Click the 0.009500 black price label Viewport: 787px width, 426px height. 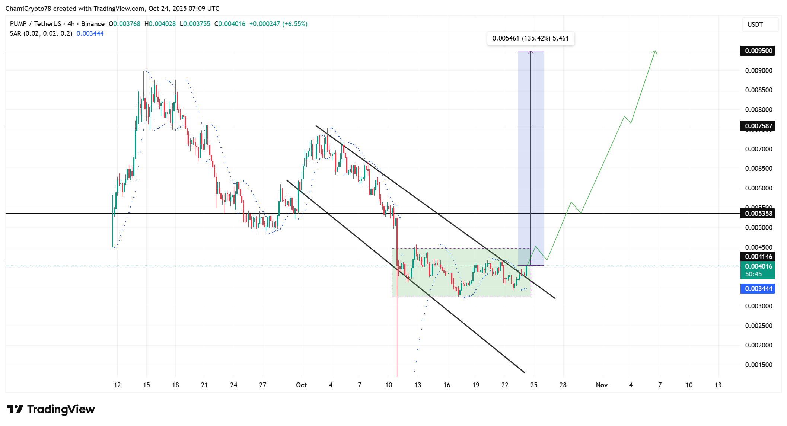pyautogui.click(x=758, y=51)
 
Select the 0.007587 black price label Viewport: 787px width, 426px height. pyautogui.click(x=758, y=126)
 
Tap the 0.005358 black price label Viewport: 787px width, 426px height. pyautogui.click(x=758, y=214)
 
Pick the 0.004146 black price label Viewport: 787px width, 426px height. pyautogui.click(x=758, y=257)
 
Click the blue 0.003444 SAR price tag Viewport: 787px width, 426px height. pyautogui.click(x=758, y=289)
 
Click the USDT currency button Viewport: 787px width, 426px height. pyautogui.click(x=759, y=25)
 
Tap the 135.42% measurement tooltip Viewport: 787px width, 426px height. pyautogui.click(x=530, y=38)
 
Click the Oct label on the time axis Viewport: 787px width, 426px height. pyautogui.click(x=301, y=385)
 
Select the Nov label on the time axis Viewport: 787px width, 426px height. pyautogui.click(x=602, y=385)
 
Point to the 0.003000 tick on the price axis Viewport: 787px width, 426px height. pyautogui.click(x=758, y=306)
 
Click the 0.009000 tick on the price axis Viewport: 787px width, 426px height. pyautogui.click(x=758, y=71)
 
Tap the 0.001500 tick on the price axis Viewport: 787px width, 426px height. pyautogui.click(x=758, y=365)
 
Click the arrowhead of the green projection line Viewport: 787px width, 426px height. pyautogui.click(x=655, y=52)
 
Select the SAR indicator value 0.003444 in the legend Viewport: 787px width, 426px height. pyautogui.click(x=90, y=33)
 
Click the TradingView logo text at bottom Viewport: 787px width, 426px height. pyautogui.click(x=61, y=409)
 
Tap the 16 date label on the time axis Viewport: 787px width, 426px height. pyautogui.click(x=447, y=385)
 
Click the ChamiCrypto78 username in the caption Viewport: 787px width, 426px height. pyautogui.click(x=28, y=9)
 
